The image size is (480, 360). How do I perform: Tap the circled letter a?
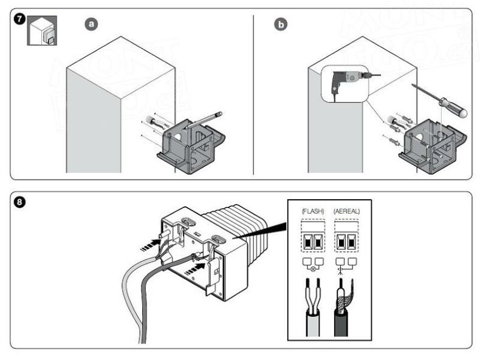pos(91,24)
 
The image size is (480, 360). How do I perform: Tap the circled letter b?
pos(281,24)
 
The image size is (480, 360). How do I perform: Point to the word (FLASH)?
pos(314,211)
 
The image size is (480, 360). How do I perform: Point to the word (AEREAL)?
pos(347,211)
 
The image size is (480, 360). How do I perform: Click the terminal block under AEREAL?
pos(347,240)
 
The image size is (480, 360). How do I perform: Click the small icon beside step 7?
pos(43,32)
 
